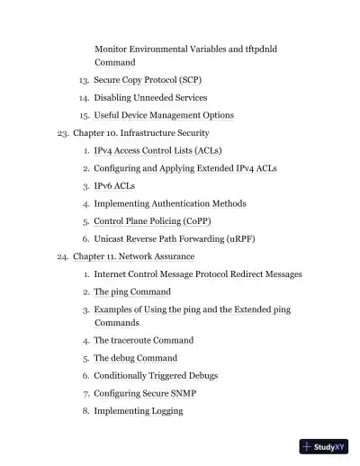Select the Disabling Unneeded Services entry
150,97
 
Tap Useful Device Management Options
164,115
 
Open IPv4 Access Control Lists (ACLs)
157,150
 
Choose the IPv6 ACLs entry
114,185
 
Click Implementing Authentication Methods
169,203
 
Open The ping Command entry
132,291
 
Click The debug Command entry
135,358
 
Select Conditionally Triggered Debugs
156,375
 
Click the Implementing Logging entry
139,411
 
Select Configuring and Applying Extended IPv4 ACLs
184,168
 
